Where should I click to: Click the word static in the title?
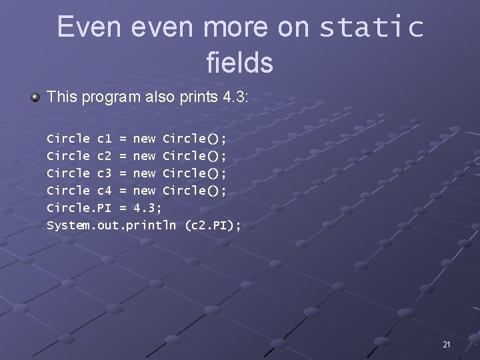(x=371, y=28)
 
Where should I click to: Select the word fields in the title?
(x=239, y=63)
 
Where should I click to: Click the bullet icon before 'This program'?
(x=35, y=97)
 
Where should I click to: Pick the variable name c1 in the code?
(x=105, y=139)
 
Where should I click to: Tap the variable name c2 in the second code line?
(x=105, y=156)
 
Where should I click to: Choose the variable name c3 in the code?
(x=105, y=173)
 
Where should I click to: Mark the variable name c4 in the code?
(x=105, y=191)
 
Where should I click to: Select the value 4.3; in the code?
(x=148, y=208)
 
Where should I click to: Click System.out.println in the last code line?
(x=111, y=225)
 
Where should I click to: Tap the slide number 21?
(x=446, y=345)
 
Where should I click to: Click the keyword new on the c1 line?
(x=144, y=139)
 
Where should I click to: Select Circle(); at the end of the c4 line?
(x=195, y=191)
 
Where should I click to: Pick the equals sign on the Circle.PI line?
(x=123, y=208)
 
